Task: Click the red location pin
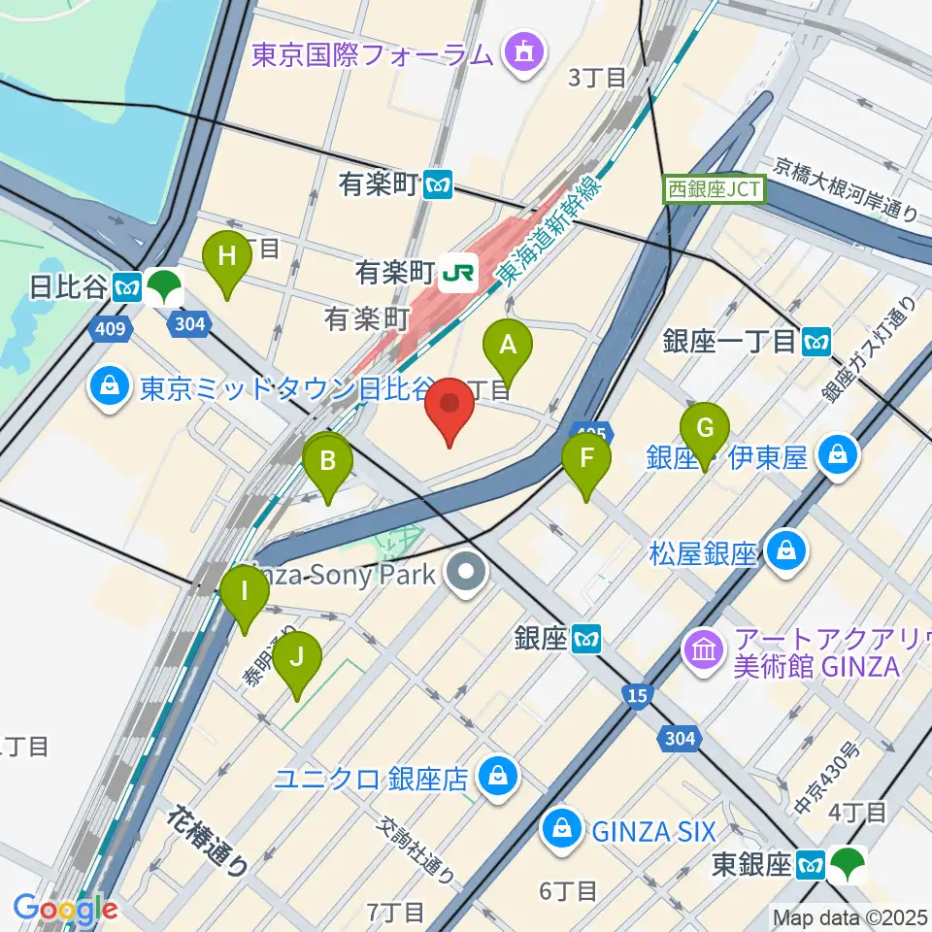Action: point(450,408)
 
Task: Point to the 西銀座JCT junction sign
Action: point(716,188)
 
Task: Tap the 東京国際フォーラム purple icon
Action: point(524,53)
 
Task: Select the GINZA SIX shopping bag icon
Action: point(561,830)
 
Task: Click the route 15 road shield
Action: point(637,695)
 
